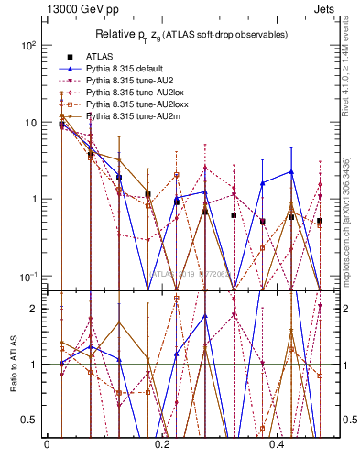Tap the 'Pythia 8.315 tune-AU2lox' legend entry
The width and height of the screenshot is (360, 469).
tap(135, 93)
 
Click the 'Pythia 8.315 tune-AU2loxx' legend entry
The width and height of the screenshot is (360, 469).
tap(136, 104)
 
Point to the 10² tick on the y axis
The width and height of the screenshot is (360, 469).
tap(29, 45)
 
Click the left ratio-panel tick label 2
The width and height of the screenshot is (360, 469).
tap(35, 309)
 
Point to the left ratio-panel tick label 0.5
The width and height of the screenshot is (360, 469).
tap(31, 420)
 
